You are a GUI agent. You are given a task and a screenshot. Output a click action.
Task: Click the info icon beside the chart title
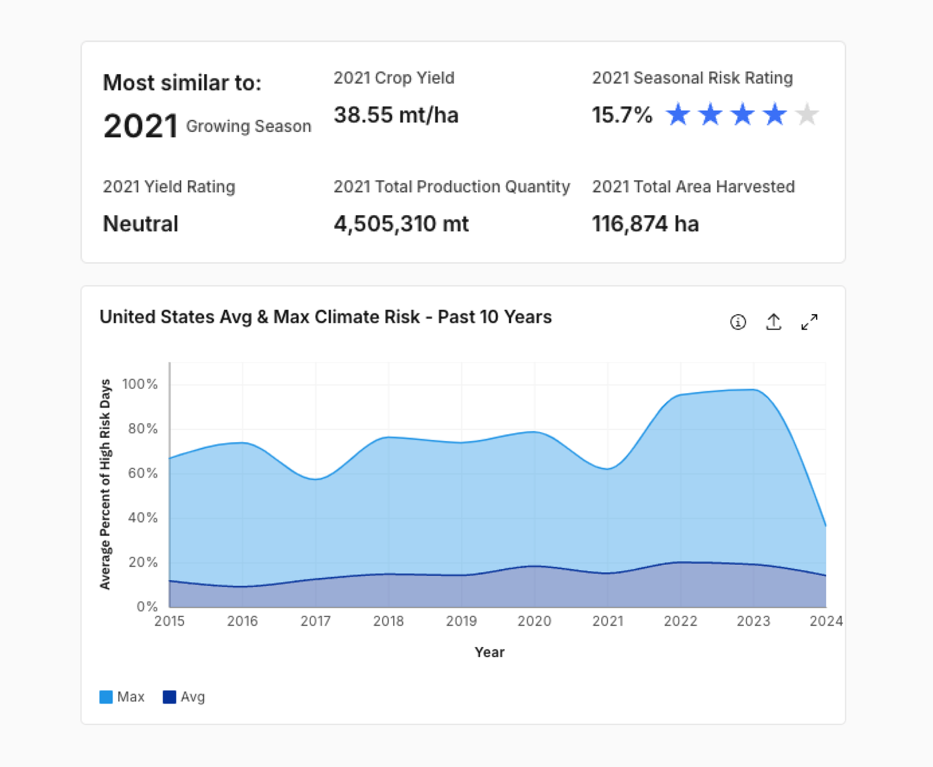(738, 322)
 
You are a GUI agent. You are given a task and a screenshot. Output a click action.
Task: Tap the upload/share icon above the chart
(773, 322)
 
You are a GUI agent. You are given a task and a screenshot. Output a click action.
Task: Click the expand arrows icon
(809, 322)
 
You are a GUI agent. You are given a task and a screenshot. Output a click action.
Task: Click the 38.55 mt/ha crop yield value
(396, 115)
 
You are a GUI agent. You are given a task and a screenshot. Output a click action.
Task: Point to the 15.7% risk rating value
(622, 115)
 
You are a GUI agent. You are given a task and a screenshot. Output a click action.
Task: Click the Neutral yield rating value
(141, 223)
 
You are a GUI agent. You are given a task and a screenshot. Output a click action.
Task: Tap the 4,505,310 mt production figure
(401, 224)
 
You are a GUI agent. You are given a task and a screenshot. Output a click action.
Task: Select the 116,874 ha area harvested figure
(646, 224)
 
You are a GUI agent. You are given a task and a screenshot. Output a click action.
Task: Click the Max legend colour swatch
(106, 697)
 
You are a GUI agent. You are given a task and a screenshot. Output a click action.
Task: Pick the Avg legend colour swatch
(169, 697)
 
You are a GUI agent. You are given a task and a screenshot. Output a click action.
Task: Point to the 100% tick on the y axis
(140, 383)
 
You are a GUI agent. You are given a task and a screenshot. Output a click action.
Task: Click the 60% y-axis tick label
(142, 473)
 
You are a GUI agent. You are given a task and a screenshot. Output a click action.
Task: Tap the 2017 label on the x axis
(315, 621)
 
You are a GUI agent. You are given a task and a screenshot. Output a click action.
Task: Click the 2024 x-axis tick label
(826, 621)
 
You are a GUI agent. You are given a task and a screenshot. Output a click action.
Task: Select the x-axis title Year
(490, 652)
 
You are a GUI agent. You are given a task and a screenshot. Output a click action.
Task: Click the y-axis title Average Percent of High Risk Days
(105, 485)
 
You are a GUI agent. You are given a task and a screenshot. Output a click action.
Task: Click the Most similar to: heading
(182, 83)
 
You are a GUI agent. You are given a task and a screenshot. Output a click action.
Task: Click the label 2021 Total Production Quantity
(452, 187)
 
